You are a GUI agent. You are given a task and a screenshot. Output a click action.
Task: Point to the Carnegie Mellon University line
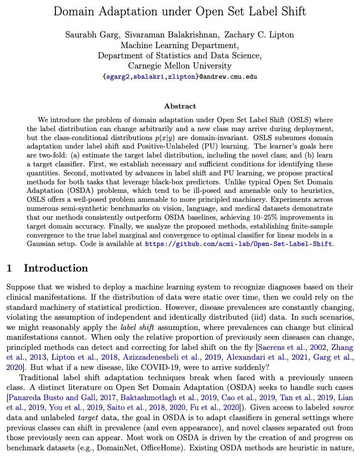(180, 66)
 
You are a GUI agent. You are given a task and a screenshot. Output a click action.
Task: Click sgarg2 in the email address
(118, 77)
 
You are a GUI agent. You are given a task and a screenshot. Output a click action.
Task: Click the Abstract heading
(180, 106)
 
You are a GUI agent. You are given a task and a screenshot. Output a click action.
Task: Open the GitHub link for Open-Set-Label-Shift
(239, 244)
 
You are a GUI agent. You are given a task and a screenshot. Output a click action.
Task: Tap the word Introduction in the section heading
(56, 268)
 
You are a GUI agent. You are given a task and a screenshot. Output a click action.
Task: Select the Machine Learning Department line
(180, 46)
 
